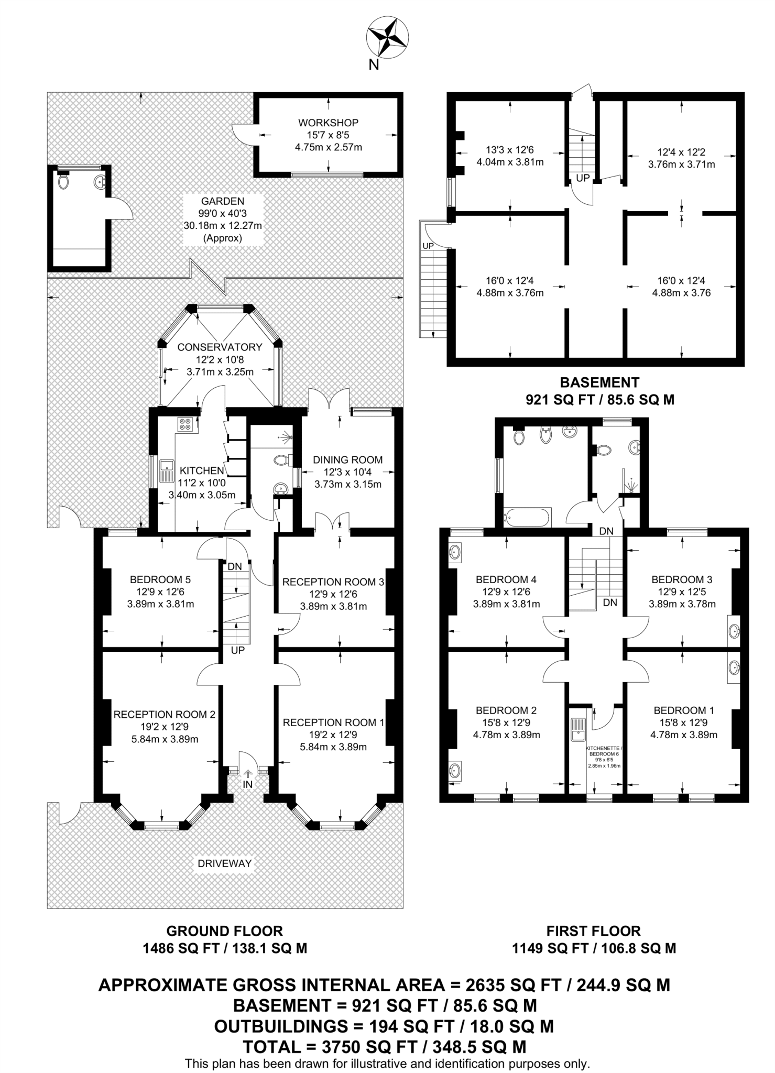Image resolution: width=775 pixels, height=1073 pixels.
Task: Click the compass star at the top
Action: click(386, 37)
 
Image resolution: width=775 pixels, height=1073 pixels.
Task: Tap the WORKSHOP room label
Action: click(328, 123)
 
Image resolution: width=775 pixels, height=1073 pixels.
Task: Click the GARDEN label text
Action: click(222, 201)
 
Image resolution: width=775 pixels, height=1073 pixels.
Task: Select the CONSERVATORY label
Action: click(220, 347)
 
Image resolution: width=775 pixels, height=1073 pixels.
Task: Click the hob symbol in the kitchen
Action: click(184, 424)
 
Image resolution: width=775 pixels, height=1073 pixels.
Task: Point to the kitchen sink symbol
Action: click(167, 470)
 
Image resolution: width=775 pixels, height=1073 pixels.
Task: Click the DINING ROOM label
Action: click(347, 459)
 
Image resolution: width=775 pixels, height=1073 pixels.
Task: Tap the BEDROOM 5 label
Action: click(160, 579)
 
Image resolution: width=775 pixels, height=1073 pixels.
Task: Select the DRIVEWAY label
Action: click(225, 863)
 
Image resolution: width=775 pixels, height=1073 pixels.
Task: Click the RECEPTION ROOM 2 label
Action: click(164, 714)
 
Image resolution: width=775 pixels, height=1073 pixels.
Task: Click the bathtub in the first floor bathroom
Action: click(527, 518)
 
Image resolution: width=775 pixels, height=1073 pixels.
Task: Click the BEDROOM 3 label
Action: click(681, 579)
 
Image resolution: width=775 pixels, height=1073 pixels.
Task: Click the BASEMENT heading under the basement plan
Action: click(599, 382)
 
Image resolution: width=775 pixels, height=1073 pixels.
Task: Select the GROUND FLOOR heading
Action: click(224, 931)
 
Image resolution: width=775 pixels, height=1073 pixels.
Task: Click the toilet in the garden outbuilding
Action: click(64, 182)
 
